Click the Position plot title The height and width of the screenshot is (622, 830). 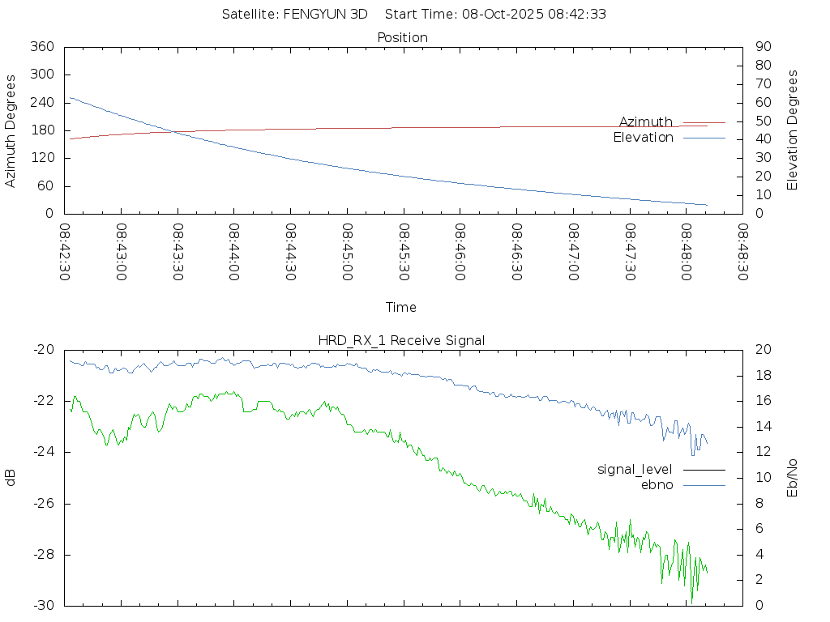pos(402,37)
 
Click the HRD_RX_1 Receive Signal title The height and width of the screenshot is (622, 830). pos(402,340)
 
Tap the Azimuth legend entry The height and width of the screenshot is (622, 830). pos(646,121)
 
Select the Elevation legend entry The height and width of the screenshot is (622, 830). pos(643,138)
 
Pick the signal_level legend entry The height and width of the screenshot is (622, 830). pos(635,469)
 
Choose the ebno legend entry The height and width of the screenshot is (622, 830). pos(657,484)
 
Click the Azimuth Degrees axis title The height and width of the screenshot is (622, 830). pos(11,130)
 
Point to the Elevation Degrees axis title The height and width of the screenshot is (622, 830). pos(793,130)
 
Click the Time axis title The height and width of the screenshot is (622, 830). pos(401,307)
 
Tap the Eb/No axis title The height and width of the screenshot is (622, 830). pos(793,477)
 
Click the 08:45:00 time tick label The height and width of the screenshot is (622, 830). pos(347,252)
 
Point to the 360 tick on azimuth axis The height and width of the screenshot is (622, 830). pos(41,46)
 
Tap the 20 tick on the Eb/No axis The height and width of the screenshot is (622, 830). pos(762,350)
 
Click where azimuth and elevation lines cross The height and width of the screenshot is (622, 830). pos(172,131)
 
